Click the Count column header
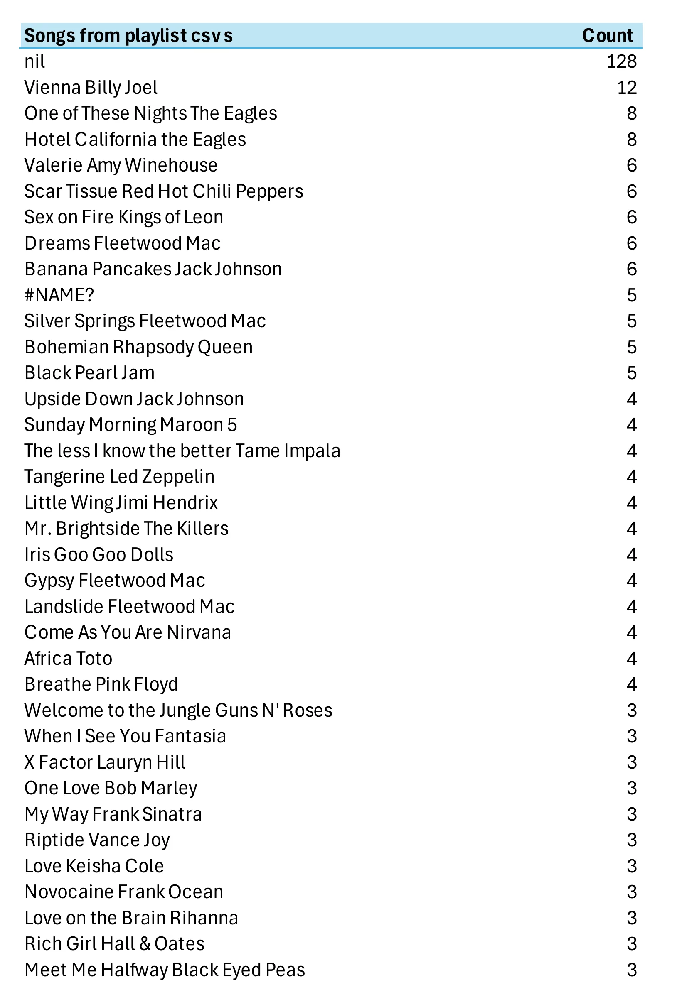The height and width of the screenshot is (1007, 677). [x=607, y=36]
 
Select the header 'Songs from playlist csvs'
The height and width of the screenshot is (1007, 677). [x=128, y=36]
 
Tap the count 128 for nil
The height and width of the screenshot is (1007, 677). [x=621, y=62]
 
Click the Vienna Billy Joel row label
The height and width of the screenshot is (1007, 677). [x=91, y=88]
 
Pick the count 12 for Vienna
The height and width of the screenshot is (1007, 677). [x=626, y=88]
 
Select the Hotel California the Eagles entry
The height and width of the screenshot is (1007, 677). [x=135, y=140]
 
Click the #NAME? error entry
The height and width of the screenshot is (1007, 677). [x=59, y=296]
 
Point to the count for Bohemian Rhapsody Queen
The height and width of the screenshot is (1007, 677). [x=632, y=347]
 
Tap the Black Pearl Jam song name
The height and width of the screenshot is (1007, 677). [x=89, y=373]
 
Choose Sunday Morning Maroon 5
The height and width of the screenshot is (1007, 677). [x=131, y=425]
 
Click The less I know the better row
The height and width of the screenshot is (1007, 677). [x=182, y=451]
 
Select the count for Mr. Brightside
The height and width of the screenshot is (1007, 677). [x=632, y=529]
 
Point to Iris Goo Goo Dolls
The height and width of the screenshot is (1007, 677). [x=99, y=555]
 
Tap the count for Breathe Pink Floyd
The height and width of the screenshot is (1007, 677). [x=632, y=685]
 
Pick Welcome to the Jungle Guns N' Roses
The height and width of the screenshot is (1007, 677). [x=178, y=711]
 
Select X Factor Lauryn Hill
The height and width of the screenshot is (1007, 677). [x=105, y=763]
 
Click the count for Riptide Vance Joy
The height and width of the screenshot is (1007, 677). [x=632, y=840]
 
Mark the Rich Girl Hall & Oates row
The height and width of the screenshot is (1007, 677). [x=114, y=944]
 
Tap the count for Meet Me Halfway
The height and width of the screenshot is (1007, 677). [x=632, y=970]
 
